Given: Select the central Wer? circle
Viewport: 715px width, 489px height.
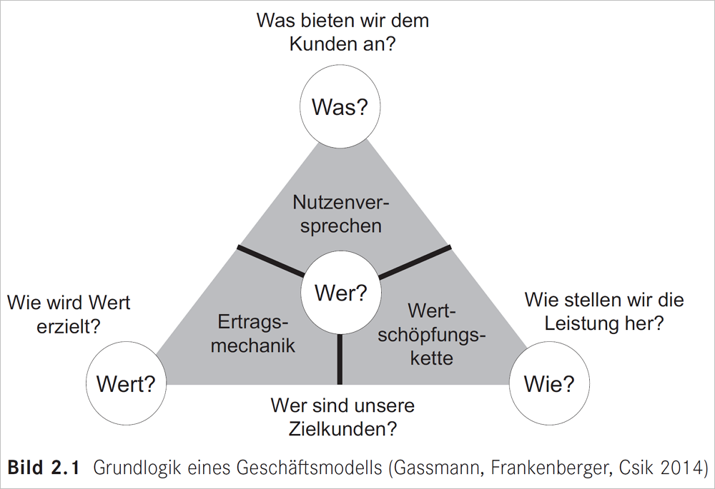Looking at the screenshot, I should [341, 293].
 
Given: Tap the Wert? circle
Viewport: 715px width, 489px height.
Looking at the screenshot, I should [126, 384].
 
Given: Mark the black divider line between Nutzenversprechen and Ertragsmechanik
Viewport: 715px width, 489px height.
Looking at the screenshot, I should [270, 261].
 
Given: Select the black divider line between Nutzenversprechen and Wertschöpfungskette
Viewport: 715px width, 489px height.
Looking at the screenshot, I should [415, 261].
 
